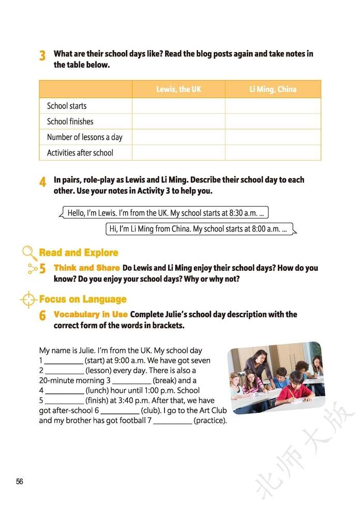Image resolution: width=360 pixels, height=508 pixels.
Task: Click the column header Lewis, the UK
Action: (178, 89)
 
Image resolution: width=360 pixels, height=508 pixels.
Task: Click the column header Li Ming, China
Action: (273, 89)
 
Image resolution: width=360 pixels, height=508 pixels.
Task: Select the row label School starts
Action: (67, 106)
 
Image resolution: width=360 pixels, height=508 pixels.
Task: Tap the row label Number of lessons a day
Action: (84, 137)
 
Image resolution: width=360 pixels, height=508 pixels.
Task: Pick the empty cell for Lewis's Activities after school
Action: (178, 152)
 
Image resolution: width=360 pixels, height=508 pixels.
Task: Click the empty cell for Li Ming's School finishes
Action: (273, 121)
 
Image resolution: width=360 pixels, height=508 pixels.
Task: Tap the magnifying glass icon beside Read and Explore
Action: (29, 253)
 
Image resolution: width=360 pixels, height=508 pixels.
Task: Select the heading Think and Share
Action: (87, 268)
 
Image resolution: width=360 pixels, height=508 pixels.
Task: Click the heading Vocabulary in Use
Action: (91, 314)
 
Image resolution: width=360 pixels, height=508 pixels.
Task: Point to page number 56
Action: (20, 481)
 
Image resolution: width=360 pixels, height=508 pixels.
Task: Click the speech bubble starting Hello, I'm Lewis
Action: (166, 213)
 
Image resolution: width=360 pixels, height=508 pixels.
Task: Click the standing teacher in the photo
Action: (259, 366)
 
